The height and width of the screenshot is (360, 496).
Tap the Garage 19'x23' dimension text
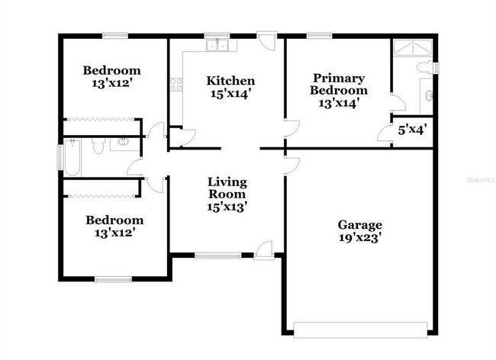pyautogui.click(x=359, y=237)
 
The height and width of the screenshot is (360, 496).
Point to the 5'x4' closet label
pyautogui.click(x=412, y=129)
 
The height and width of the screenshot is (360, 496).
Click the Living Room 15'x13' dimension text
pyautogui.click(x=228, y=206)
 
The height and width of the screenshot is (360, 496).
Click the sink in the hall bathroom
pyautogui.click(x=123, y=143)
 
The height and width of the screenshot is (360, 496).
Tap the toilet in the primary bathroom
pyautogui.click(x=425, y=68)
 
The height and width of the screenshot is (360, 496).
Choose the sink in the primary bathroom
pyautogui.click(x=430, y=96)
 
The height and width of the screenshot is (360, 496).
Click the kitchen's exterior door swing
pyautogui.click(x=266, y=41)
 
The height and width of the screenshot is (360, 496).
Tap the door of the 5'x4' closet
pyautogui.click(x=383, y=134)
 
